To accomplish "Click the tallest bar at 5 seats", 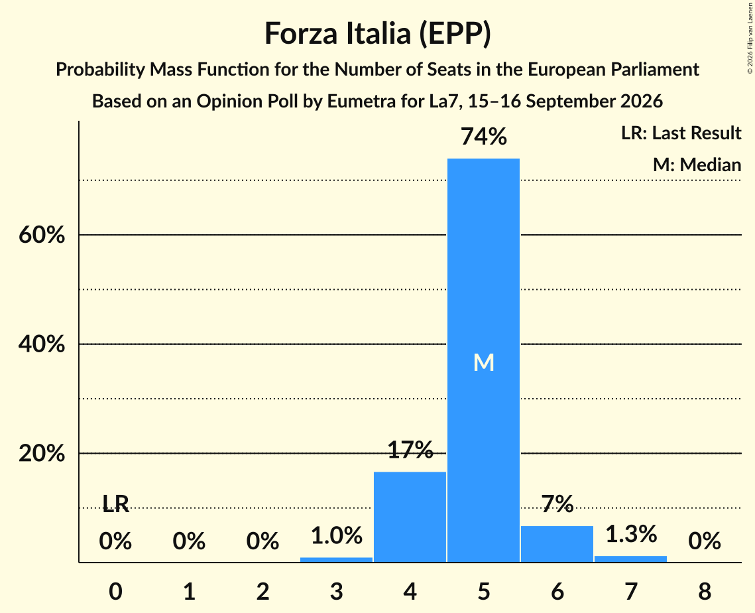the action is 483,360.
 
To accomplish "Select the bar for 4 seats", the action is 410,517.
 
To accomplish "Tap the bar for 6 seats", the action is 557,544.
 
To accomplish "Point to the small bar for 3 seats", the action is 336,559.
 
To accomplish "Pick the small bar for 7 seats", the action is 631,559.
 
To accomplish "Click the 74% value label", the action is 483,137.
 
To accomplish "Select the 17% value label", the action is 410,450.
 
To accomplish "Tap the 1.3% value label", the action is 631,534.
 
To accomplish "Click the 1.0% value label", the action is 336,535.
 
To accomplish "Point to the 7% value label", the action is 557,504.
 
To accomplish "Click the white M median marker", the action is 483,362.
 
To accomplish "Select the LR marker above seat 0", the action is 115,504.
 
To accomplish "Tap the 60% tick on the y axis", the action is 41,235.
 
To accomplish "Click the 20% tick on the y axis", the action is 41,454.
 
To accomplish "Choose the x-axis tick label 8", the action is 705,591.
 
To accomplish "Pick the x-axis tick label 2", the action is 262,591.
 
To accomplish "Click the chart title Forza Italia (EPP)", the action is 378,34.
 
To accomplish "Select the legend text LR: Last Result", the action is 681,133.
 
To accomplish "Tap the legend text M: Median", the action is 697,165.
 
